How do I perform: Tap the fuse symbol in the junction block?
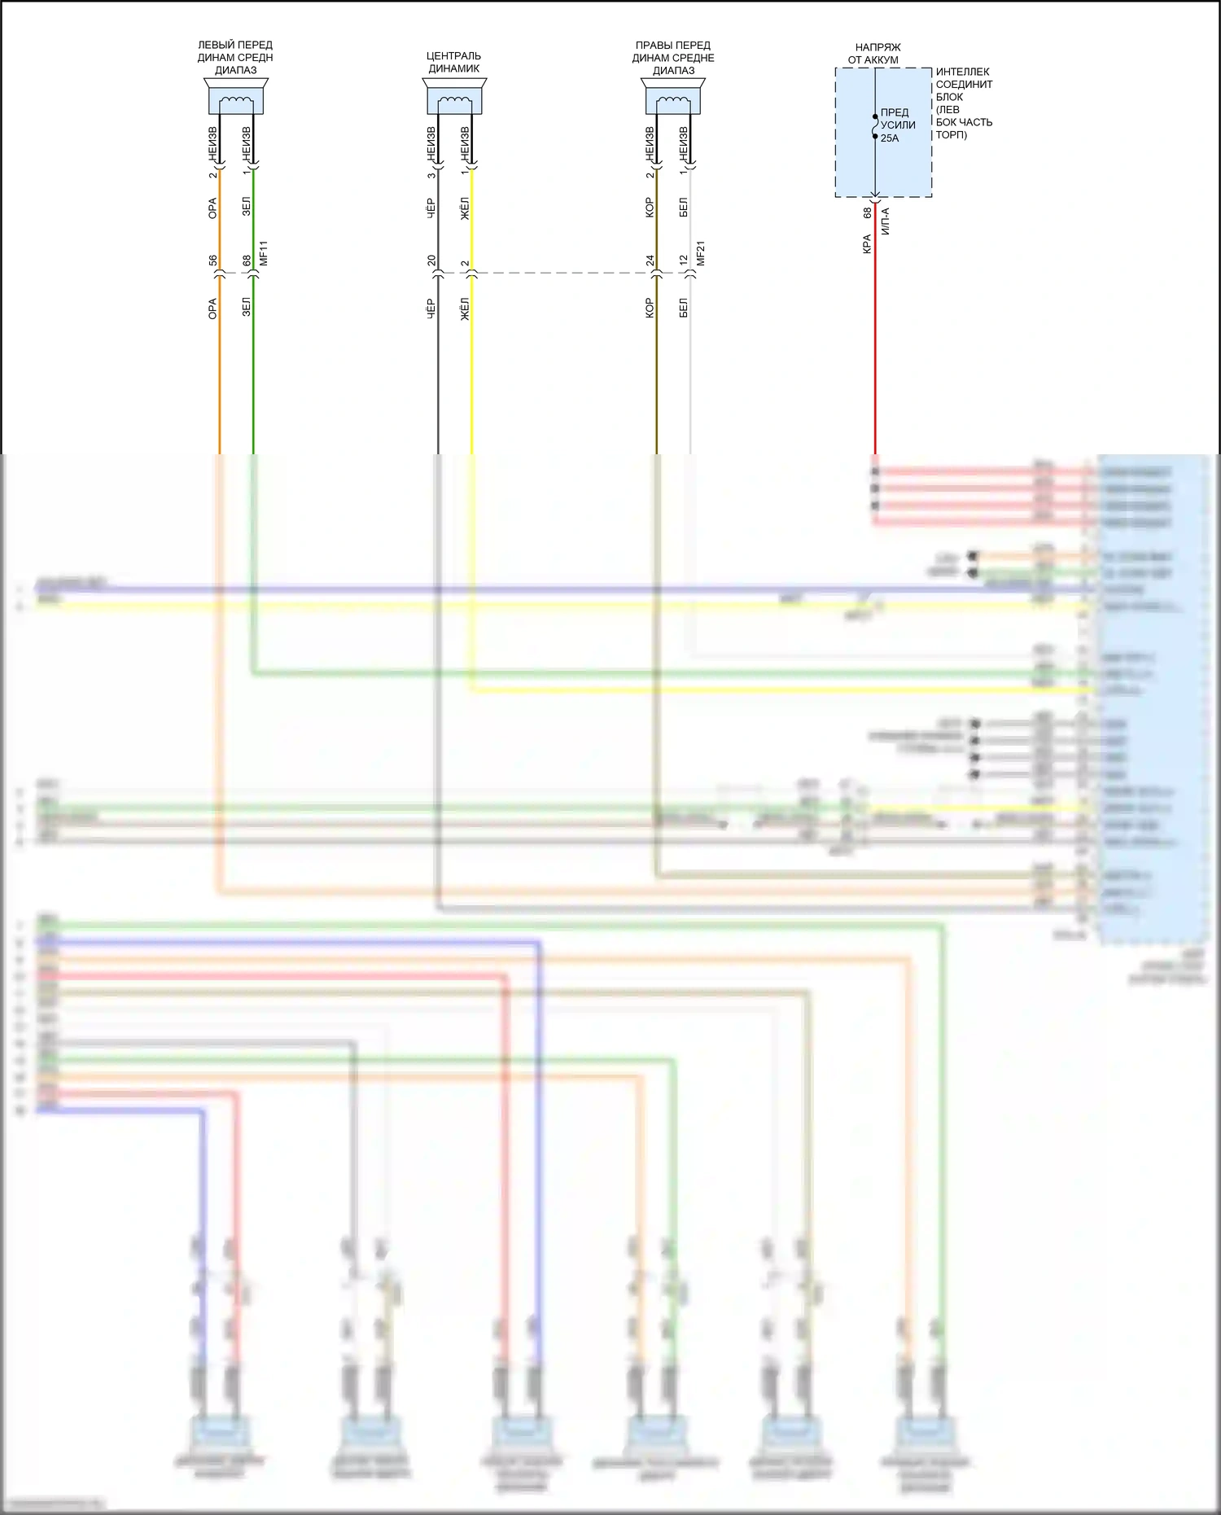tap(875, 126)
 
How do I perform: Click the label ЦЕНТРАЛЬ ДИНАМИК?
tap(454, 62)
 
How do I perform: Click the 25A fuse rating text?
tap(890, 138)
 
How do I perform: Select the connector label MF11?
tap(264, 253)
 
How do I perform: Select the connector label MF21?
tap(701, 253)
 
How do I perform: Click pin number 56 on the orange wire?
tap(213, 261)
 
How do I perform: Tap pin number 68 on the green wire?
tap(247, 261)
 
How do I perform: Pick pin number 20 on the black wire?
tap(431, 261)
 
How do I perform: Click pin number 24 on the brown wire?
tap(650, 261)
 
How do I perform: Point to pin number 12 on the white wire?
tap(684, 261)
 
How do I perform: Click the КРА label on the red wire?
tap(868, 243)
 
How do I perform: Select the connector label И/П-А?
tap(886, 221)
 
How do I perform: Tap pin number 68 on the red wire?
tap(868, 212)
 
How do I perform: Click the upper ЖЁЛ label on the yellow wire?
tap(465, 208)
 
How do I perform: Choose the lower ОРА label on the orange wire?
tap(213, 309)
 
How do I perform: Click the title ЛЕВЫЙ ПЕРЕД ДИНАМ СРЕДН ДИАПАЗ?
tap(235, 57)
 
